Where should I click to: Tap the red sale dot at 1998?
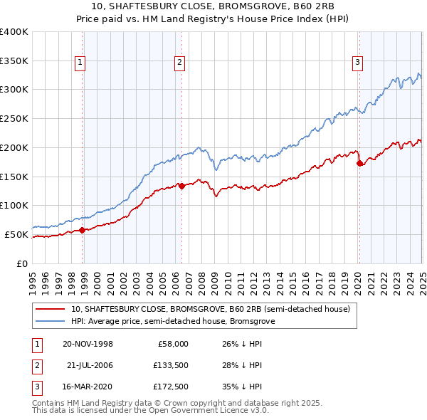coord(83,229)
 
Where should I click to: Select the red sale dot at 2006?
coord(182,186)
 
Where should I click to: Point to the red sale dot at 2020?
coord(359,163)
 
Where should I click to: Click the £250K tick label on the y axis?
coord(14,118)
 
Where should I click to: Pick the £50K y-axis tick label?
coord(16,234)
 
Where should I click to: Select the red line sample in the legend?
coord(51,310)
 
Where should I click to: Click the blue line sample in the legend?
coord(51,321)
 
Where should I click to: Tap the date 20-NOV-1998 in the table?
coord(88,344)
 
